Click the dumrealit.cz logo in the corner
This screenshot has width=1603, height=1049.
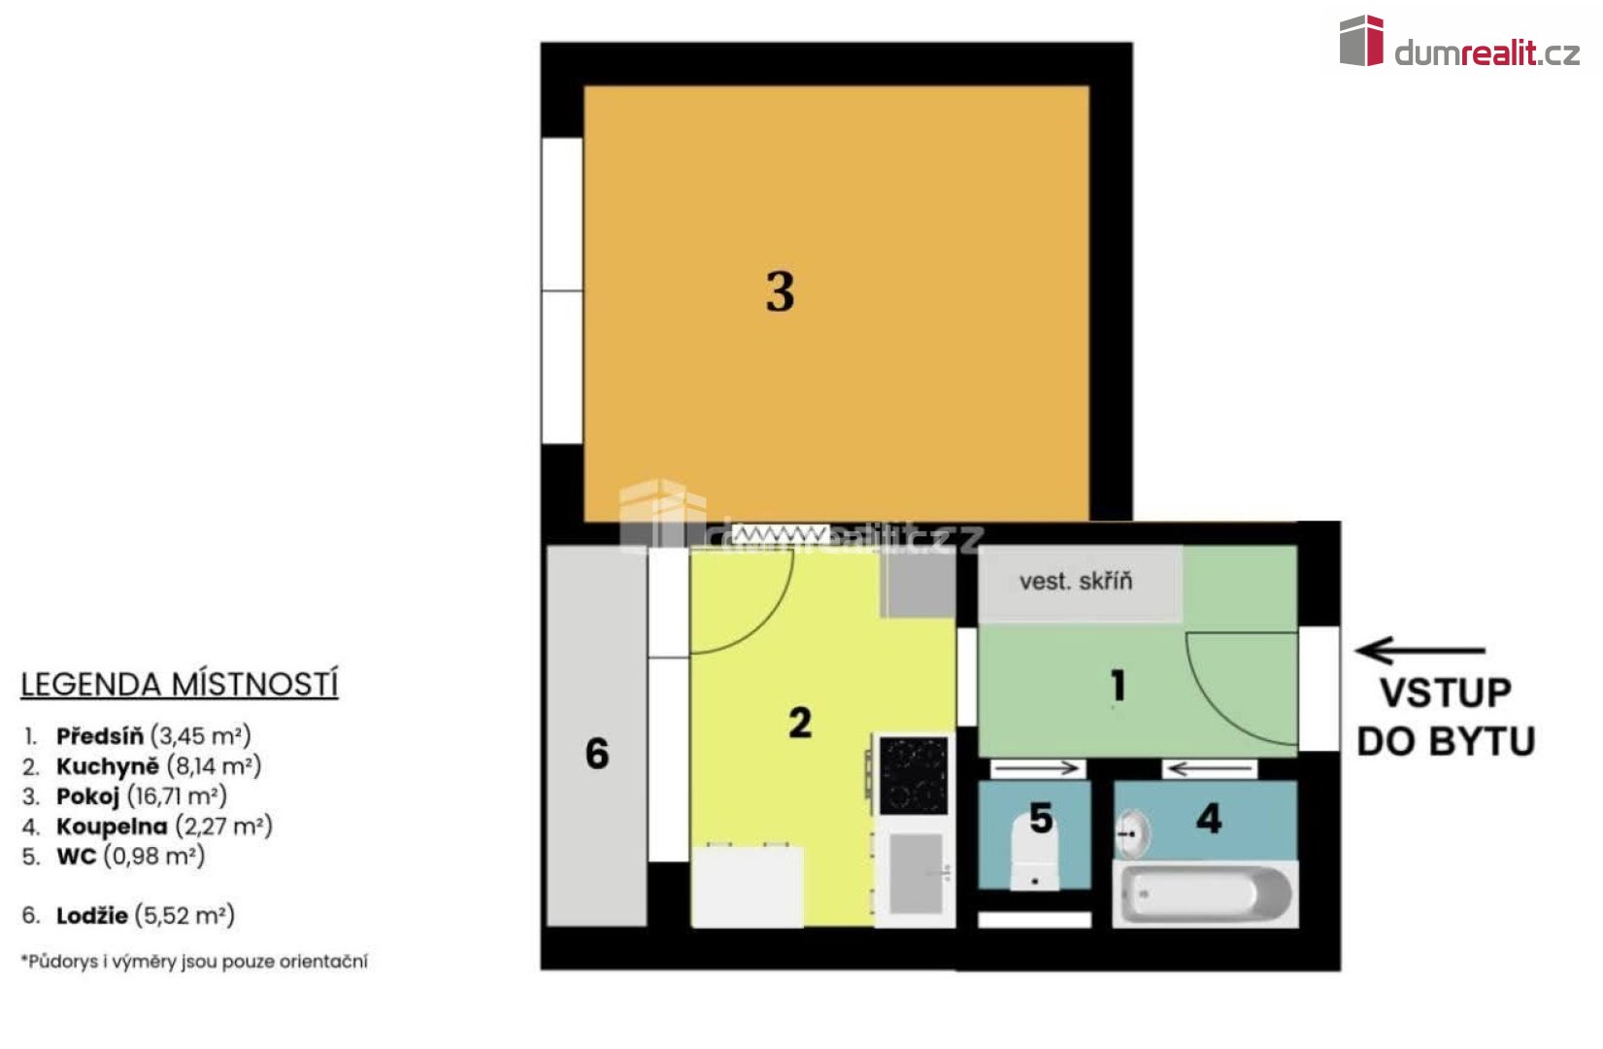pos(1459,42)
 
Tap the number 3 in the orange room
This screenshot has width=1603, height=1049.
pos(780,291)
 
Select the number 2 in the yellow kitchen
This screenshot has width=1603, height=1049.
pos(800,723)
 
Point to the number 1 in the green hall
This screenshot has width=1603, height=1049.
pos(1119,686)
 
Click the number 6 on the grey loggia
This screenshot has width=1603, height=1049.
pos(597,754)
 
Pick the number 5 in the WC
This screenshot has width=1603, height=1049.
pos(1041,819)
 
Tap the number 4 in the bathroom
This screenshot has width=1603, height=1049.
pos(1209,819)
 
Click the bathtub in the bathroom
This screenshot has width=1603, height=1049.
pos(1206,894)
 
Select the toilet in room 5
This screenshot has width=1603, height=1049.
pos(1034,854)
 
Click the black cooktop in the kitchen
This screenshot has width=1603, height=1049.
pos(914,775)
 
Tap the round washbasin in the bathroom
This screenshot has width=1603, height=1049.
pos(1133,833)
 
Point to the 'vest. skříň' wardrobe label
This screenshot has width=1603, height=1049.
pos(1076,581)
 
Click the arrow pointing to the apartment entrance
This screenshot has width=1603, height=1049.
pos(1420,650)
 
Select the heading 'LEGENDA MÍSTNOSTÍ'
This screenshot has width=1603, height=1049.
pos(179,685)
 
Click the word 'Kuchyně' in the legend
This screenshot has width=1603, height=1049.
pos(108,766)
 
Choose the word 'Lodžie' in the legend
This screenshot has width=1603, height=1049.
pos(92,916)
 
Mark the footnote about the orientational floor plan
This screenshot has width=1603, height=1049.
pos(194,961)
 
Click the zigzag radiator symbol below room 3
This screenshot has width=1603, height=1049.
pos(780,534)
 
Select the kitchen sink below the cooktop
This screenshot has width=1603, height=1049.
pos(916,873)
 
